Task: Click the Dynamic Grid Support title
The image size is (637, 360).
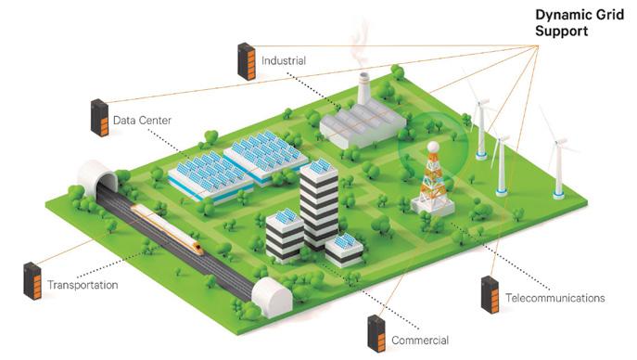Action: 580,23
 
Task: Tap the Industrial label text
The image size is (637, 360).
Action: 284,60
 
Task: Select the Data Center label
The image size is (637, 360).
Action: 142,121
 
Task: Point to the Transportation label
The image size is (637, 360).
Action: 83,285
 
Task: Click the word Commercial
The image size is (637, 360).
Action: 420,341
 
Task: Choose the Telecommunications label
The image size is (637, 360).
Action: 554,298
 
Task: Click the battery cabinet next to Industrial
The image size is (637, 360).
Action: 247,61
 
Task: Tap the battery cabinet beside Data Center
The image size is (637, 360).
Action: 99,118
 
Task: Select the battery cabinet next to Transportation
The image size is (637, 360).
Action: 32,281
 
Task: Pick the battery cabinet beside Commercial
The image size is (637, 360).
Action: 376,334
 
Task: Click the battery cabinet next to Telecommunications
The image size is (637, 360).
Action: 490,294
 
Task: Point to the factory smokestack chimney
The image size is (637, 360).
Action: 363,88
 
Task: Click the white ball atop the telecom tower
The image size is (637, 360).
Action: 433,147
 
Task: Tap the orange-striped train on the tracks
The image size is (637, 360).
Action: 167,229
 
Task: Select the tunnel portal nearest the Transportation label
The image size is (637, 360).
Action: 98,179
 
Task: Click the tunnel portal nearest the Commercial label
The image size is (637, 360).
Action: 272,297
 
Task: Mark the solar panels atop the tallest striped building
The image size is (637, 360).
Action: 320,165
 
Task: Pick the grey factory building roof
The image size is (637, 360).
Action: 363,118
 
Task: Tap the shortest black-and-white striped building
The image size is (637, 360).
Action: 344,250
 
